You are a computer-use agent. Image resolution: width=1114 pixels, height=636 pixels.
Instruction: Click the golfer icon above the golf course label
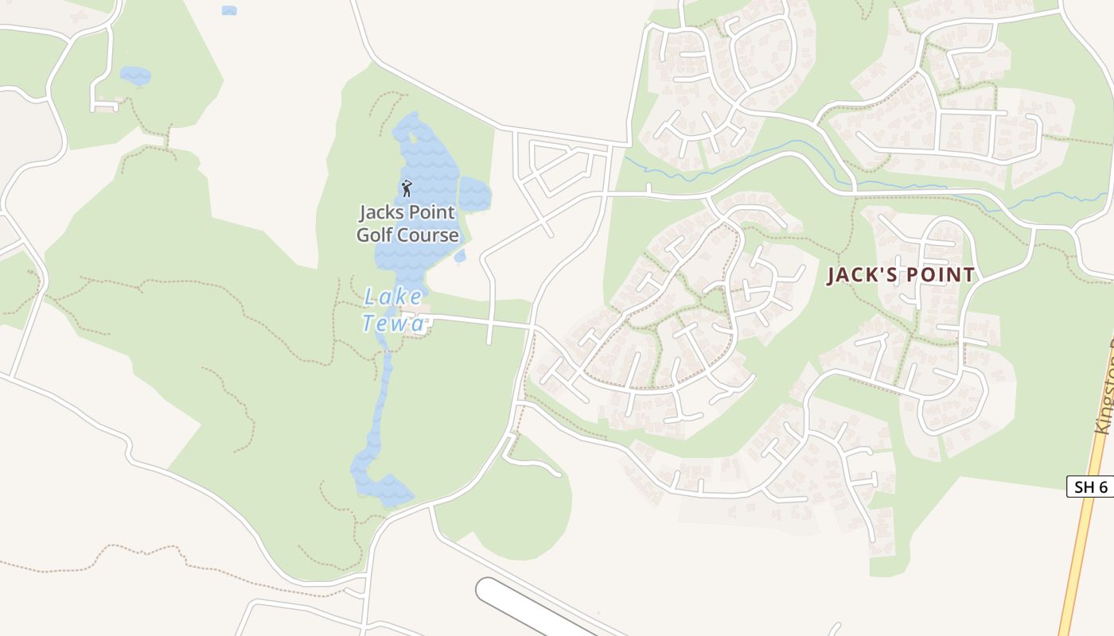(407, 188)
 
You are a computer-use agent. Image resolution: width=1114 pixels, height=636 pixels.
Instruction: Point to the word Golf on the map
(374, 235)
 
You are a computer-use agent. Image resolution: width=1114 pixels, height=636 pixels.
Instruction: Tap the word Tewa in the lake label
(394, 323)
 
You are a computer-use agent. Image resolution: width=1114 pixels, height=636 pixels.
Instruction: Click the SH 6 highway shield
(1090, 487)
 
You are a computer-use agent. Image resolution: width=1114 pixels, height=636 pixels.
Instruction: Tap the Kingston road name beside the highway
(1104, 390)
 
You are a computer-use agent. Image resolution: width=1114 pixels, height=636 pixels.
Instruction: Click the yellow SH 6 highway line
(1079, 556)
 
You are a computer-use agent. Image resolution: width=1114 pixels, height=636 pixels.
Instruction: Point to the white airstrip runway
(525, 608)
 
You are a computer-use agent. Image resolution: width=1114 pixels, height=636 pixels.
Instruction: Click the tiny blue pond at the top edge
(229, 10)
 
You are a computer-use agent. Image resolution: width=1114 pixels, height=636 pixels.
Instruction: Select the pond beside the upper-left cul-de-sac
(135, 76)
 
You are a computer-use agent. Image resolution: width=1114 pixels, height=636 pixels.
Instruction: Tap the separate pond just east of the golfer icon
(475, 193)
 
